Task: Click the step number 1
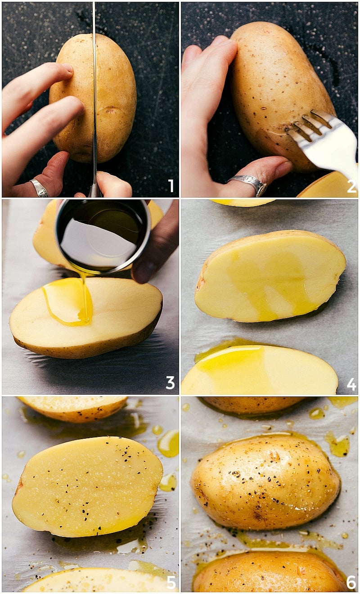click(171, 185)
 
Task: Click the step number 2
click(351, 186)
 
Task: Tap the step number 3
click(170, 382)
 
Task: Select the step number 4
click(351, 384)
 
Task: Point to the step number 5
click(171, 582)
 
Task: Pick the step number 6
click(351, 582)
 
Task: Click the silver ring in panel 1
click(39, 188)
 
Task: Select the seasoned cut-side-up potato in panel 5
click(88, 486)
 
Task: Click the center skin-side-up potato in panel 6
click(265, 481)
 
